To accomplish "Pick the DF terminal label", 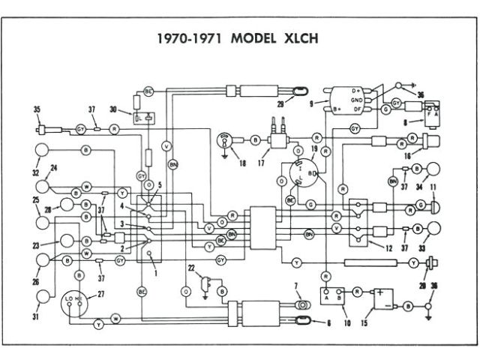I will point(357,109).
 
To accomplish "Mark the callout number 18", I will point(242,163).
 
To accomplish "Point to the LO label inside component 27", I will point(69,298).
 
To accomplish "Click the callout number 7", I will point(296,286).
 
